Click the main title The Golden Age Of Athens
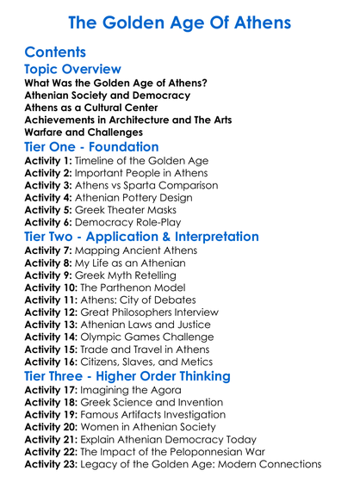coord(179,22)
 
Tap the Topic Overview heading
coord(72,69)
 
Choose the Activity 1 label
coord(50,161)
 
